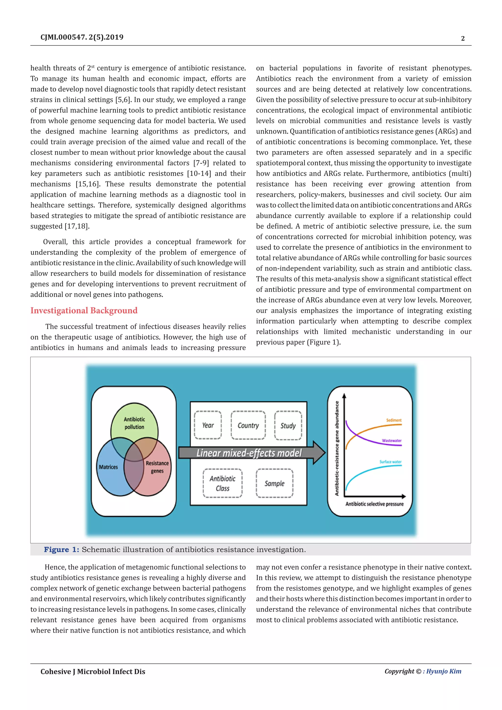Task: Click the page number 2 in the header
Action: point(463,38)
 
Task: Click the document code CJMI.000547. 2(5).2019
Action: point(82,38)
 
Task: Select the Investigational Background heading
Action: point(84,310)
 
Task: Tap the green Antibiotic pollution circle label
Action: point(134,423)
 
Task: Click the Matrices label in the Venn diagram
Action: point(108,467)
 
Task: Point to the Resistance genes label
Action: point(157,467)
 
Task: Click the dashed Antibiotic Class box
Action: point(223,483)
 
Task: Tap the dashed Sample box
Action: point(274,483)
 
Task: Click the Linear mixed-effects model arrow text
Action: point(249,453)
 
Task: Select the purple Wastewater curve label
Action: point(391,441)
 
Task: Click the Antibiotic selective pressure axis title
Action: point(374,504)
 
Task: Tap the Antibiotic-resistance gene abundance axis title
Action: point(337,448)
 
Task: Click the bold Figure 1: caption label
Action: point(62,549)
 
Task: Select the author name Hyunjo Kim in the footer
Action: point(444,671)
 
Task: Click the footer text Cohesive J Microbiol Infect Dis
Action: point(93,671)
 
